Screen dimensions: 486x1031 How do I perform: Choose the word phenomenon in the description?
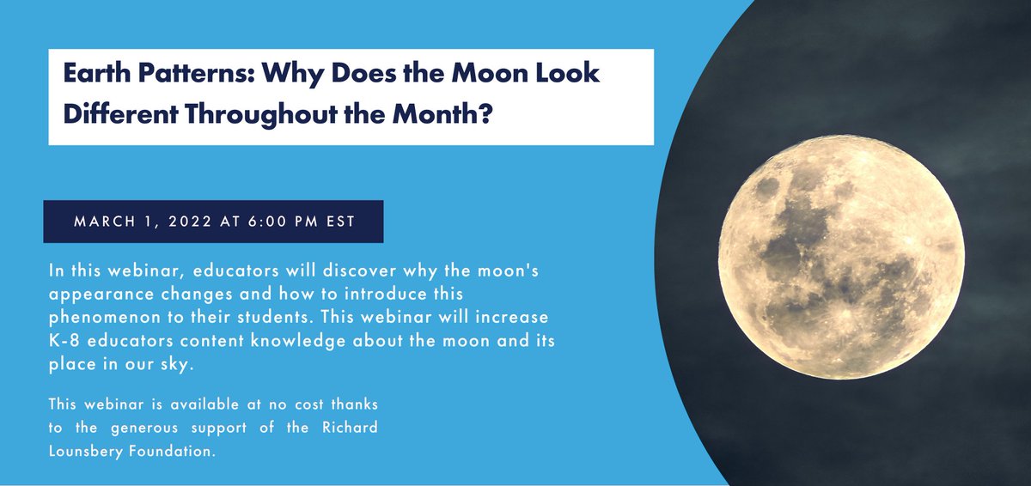click(x=101, y=315)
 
